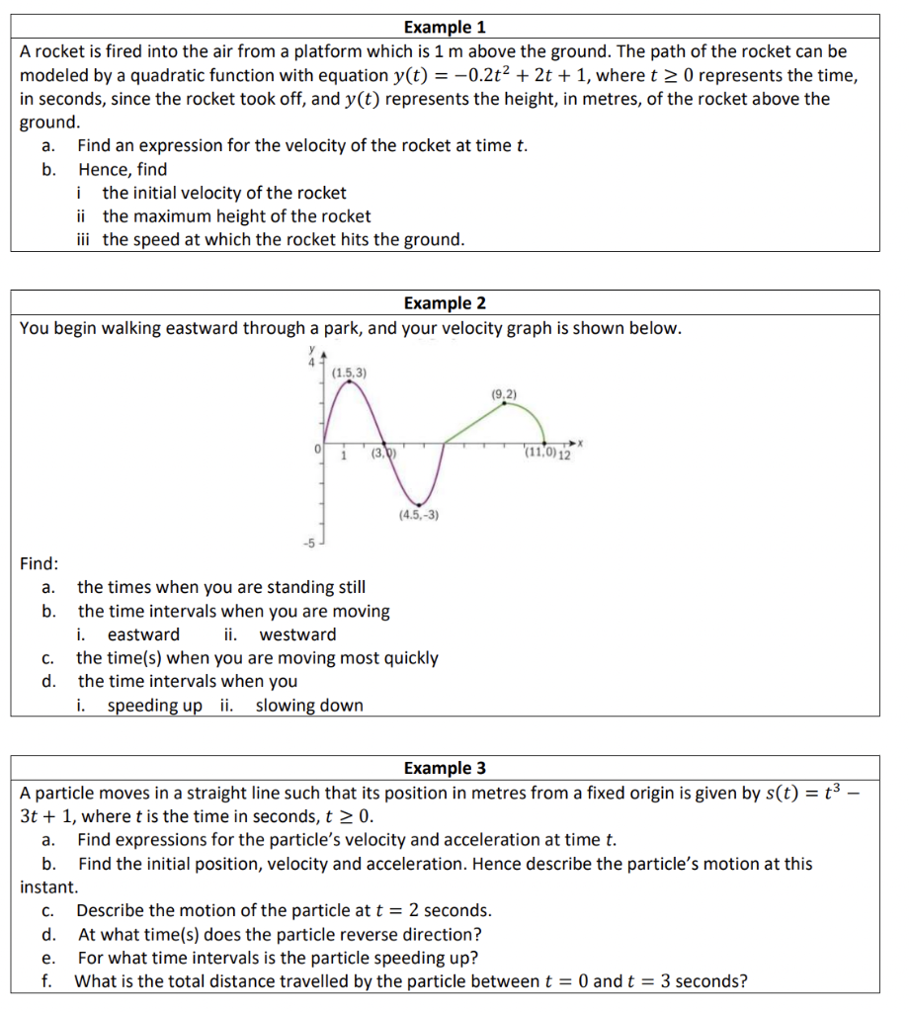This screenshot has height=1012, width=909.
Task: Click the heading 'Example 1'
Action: pyautogui.click(x=445, y=27)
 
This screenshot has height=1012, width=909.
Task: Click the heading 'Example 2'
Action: pyautogui.click(x=445, y=303)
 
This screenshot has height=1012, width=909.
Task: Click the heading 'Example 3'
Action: pyautogui.click(x=445, y=768)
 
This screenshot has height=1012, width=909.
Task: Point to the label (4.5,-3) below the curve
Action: pyautogui.click(x=419, y=515)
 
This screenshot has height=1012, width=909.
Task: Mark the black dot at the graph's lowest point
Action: pyautogui.click(x=421, y=503)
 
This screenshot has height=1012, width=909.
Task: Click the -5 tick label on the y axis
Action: pyautogui.click(x=308, y=543)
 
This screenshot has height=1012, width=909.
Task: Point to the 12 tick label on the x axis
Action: pyautogui.click(x=564, y=455)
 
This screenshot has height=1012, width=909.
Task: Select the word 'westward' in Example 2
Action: pyautogui.click(x=297, y=634)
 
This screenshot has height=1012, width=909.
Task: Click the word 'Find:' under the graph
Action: pyautogui.click(x=40, y=563)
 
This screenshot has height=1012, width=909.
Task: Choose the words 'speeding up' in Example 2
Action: pyautogui.click(x=154, y=706)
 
